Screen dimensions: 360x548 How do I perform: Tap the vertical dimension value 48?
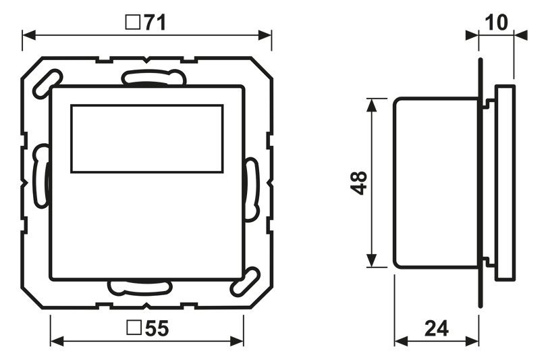[x=358, y=182]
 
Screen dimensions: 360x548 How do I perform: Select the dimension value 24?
[x=436, y=329]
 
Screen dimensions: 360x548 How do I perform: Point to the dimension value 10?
[x=496, y=23]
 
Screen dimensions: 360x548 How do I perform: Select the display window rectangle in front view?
[x=146, y=138]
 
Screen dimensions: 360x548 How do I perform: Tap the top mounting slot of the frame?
[x=153, y=78]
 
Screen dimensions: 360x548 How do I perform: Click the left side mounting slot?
[x=41, y=177]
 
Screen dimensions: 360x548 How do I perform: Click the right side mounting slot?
[x=252, y=189]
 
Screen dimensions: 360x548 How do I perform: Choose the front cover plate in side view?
[x=505, y=182]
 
